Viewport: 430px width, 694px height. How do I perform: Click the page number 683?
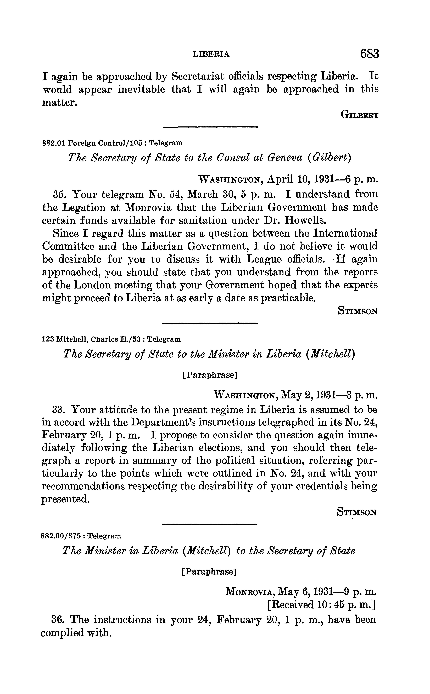(369, 54)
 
